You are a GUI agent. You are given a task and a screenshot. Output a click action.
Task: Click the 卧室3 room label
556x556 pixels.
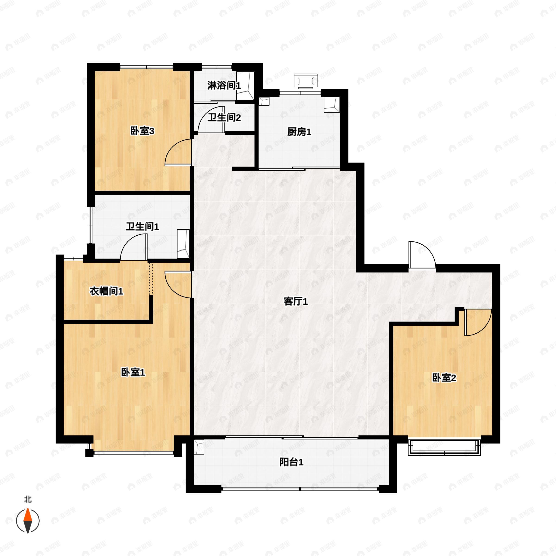[142, 131]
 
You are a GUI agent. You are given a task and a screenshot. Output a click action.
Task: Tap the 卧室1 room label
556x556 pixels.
[133, 372]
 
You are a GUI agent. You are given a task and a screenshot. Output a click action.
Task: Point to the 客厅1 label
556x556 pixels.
[296, 301]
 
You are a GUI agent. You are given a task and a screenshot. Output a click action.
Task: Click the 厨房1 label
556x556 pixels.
[299, 132]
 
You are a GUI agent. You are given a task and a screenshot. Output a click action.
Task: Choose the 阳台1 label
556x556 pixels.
[291, 462]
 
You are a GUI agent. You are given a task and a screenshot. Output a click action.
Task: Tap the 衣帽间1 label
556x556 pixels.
[106, 291]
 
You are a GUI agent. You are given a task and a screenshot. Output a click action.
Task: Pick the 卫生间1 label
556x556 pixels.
[142, 227]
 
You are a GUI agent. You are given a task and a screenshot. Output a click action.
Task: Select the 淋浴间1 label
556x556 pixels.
[224, 85]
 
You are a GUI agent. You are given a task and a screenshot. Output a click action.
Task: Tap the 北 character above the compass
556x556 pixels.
[28, 499]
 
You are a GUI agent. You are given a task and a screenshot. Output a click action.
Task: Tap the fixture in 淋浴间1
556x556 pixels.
[245, 86]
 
